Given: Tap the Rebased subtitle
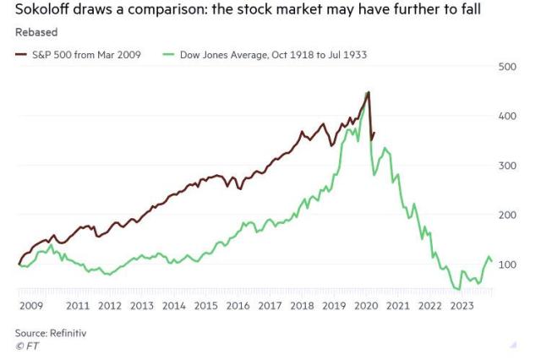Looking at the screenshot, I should pyautogui.click(x=36, y=33).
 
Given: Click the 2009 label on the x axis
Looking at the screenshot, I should pyautogui.click(x=30, y=305).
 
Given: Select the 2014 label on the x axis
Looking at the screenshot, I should pyautogui.click(x=173, y=305).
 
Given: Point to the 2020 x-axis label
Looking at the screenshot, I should pyautogui.click(x=366, y=305).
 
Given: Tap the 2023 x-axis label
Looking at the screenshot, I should pyautogui.click(x=462, y=305).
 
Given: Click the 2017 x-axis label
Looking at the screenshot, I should pyautogui.click(x=270, y=305).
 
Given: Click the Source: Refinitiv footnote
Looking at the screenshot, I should pyautogui.click(x=50, y=334).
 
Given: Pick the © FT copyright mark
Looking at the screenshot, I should pyautogui.click(x=27, y=346).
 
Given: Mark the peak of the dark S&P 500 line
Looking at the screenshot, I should pyautogui.click(x=368, y=92).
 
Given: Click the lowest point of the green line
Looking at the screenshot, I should pyautogui.click(x=458, y=290).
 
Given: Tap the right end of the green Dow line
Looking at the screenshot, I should pyautogui.click(x=492, y=262).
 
